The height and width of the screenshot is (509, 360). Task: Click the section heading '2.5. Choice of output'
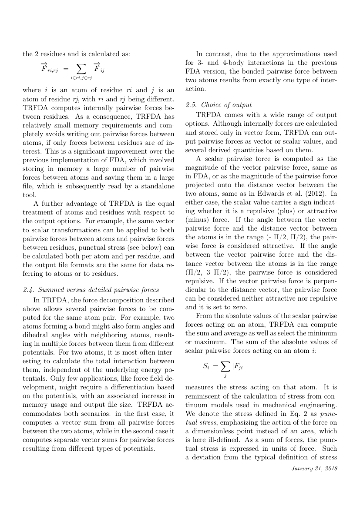tap(219, 105)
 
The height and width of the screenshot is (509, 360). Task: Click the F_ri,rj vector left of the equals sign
tap(48, 68)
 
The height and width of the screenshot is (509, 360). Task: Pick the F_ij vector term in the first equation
tap(99, 68)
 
